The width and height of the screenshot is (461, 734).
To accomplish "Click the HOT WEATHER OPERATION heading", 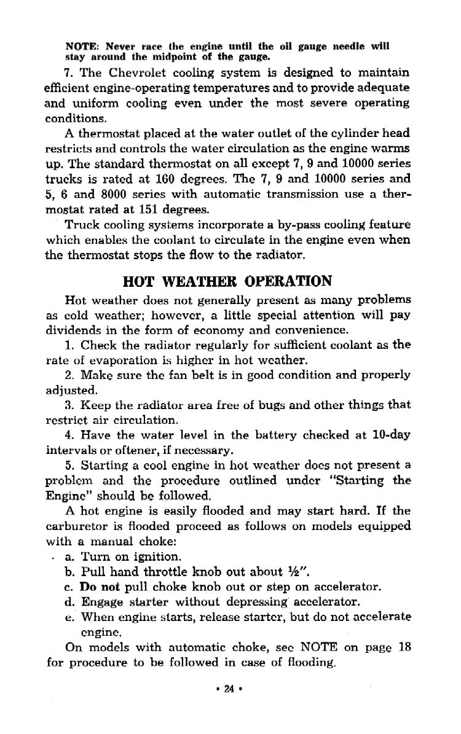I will (x=227, y=281).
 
